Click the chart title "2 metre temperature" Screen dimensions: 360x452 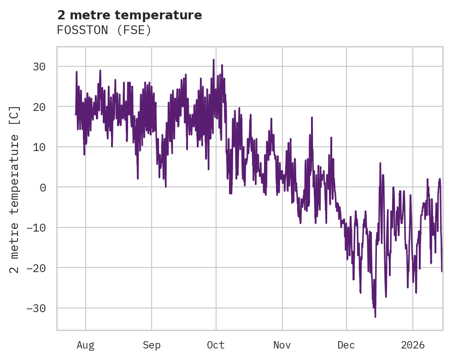(x=129, y=15)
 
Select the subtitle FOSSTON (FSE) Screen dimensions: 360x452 (x=104, y=30)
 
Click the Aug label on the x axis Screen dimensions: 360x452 (x=85, y=345)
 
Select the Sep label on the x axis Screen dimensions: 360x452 (x=151, y=345)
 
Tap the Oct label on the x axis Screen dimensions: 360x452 (x=216, y=345)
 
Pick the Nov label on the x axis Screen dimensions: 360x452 (x=282, y=345)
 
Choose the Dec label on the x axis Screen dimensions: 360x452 (x=346, y=345)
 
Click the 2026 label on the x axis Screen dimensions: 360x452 (x=412, y=345)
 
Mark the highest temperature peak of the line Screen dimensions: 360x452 (x=213, y=59)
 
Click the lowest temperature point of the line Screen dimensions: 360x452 (x=375, y=317)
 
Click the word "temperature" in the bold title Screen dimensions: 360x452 (x=162, y=15)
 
